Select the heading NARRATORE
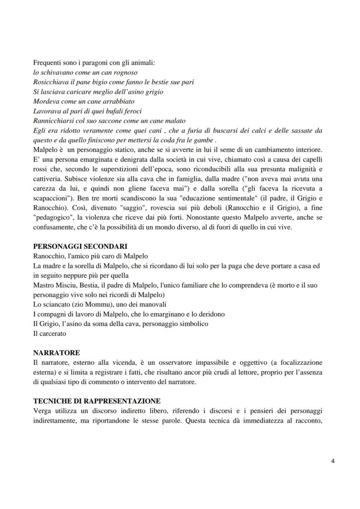57,353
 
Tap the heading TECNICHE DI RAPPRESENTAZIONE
97,401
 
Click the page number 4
333,462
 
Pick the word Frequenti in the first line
48,63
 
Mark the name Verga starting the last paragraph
42,410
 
